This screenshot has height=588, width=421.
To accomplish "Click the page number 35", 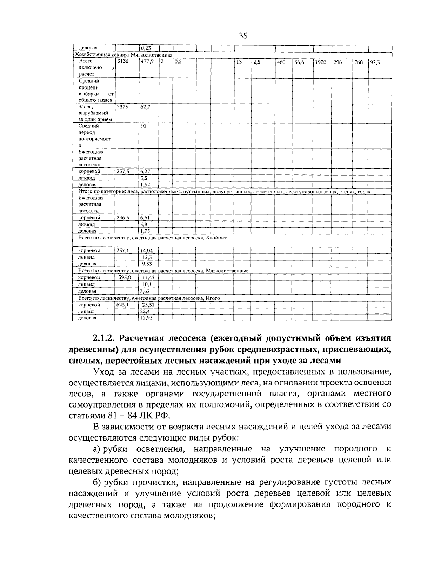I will tap(243, 35).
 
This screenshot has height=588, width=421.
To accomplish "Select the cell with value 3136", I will tap(123, 61).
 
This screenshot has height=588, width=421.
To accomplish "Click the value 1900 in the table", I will tap(320, 62).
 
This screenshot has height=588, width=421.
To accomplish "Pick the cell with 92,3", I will tap(375, 62).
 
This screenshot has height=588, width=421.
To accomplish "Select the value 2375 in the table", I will tap(122, 107).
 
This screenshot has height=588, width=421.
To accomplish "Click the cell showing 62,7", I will tap(145, 107).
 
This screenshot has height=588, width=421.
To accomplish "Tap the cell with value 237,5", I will tap(123, 171).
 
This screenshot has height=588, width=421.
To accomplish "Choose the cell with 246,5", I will tap(123, 218).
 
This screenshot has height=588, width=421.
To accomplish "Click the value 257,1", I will tap(123, 251).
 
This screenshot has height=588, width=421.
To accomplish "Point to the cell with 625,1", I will tap(122, 305).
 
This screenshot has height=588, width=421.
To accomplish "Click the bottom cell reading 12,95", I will tap(147, 318).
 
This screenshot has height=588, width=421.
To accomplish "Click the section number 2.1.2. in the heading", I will tap(104, 338).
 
